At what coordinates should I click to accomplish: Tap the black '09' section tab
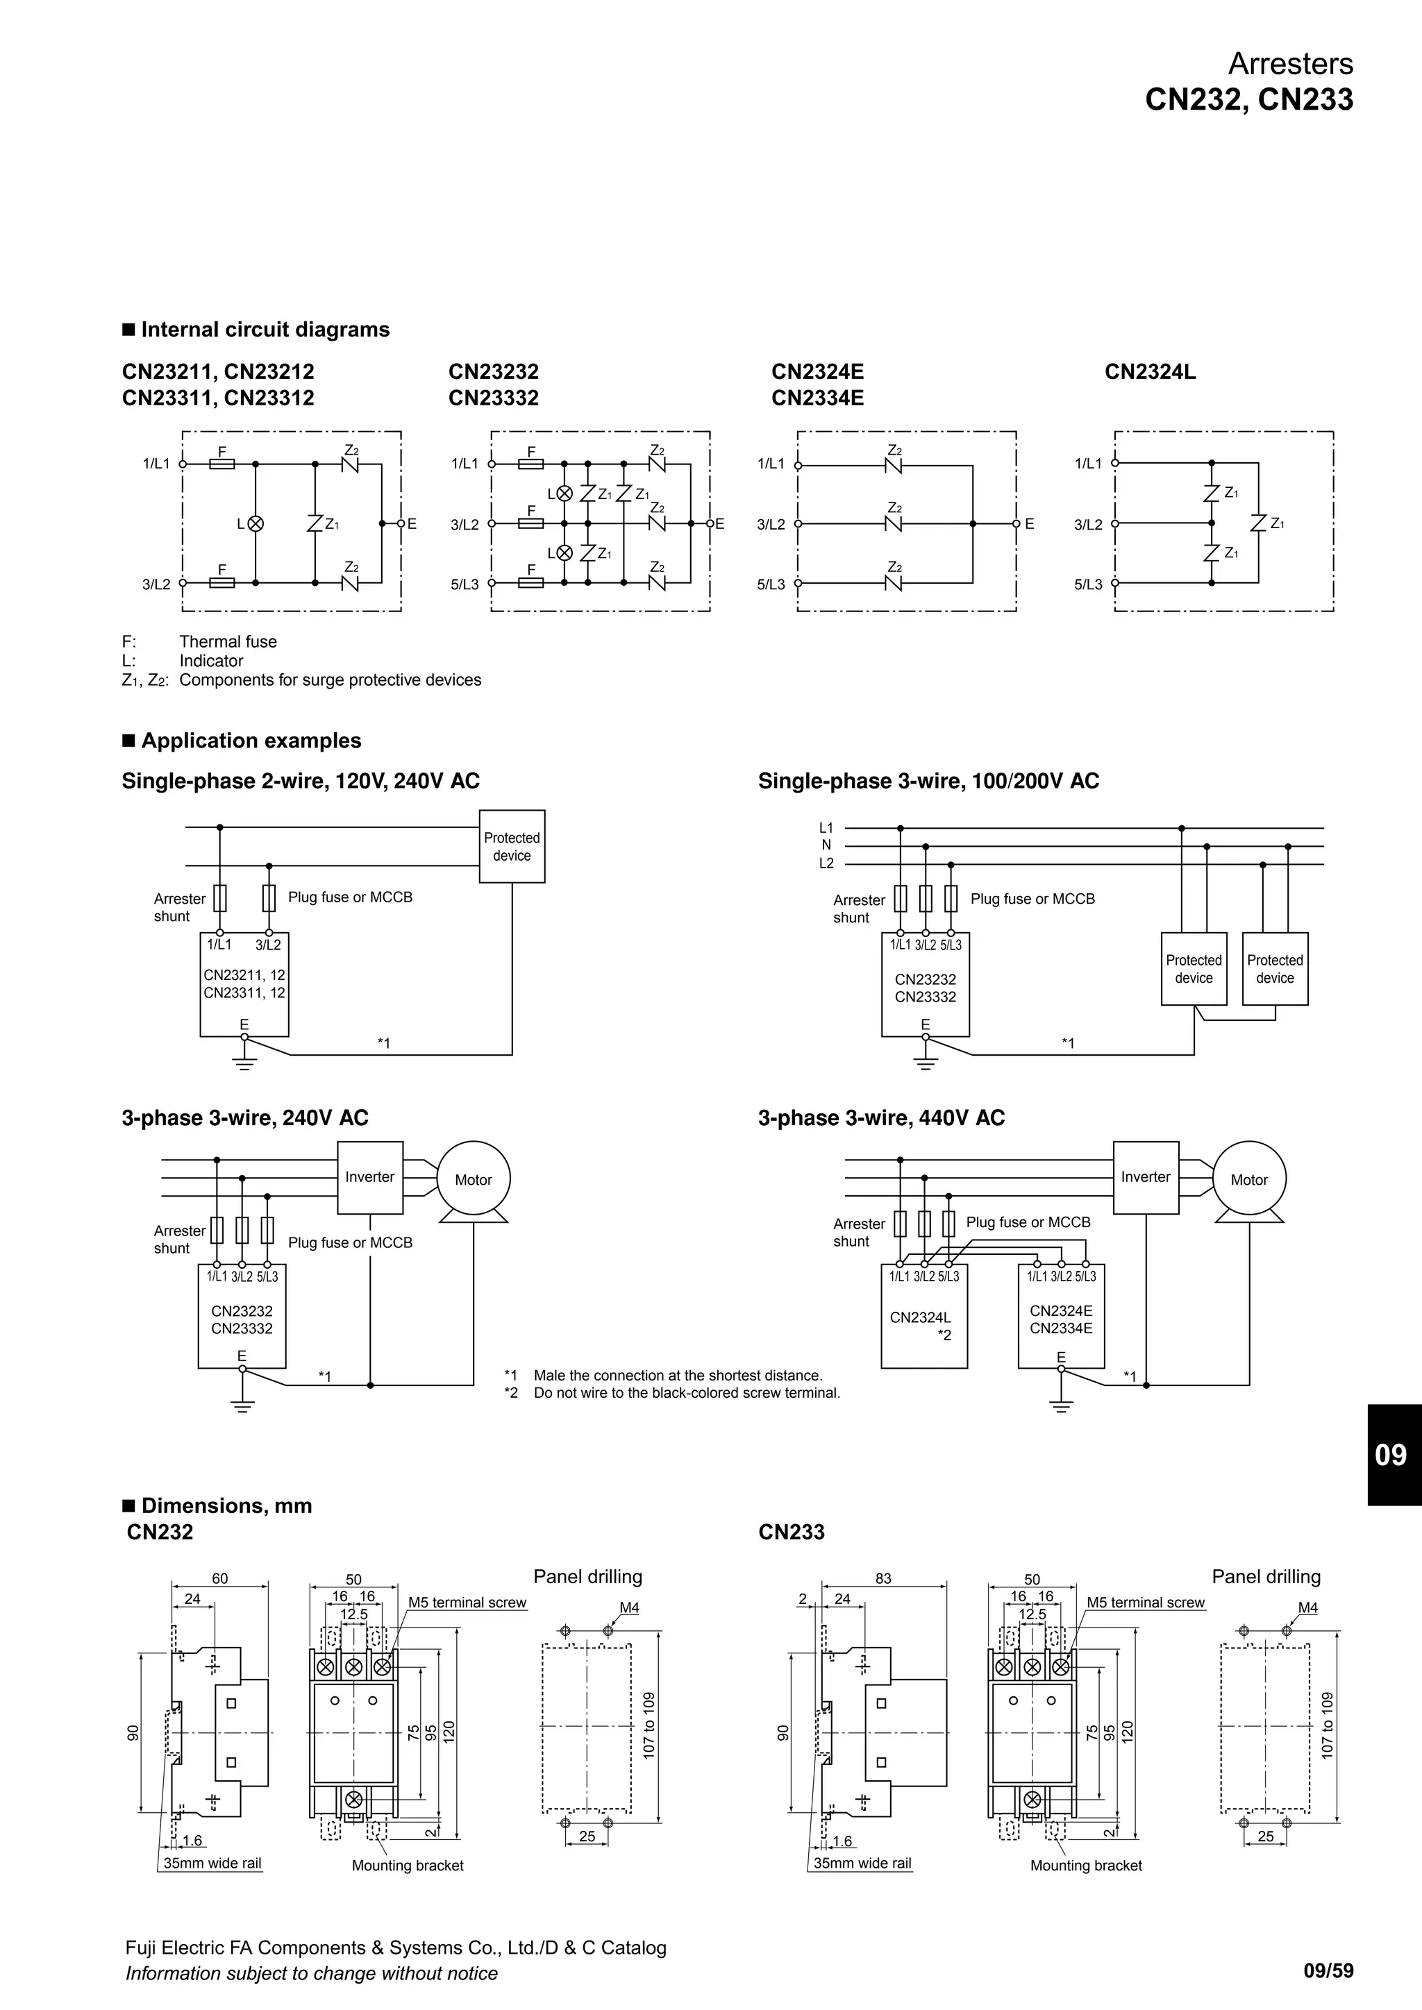1391,1455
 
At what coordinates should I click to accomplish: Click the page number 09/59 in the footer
1328,1970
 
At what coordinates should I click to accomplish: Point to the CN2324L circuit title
1149,372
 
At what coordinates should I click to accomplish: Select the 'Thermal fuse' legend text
228,642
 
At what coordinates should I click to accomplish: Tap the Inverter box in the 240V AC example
369,1177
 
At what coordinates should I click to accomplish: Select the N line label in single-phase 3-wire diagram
826,845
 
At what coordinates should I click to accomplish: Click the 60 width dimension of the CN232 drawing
220,1578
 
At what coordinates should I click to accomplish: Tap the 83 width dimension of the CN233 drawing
883,1578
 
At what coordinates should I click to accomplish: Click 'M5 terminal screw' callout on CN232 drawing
467,1603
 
